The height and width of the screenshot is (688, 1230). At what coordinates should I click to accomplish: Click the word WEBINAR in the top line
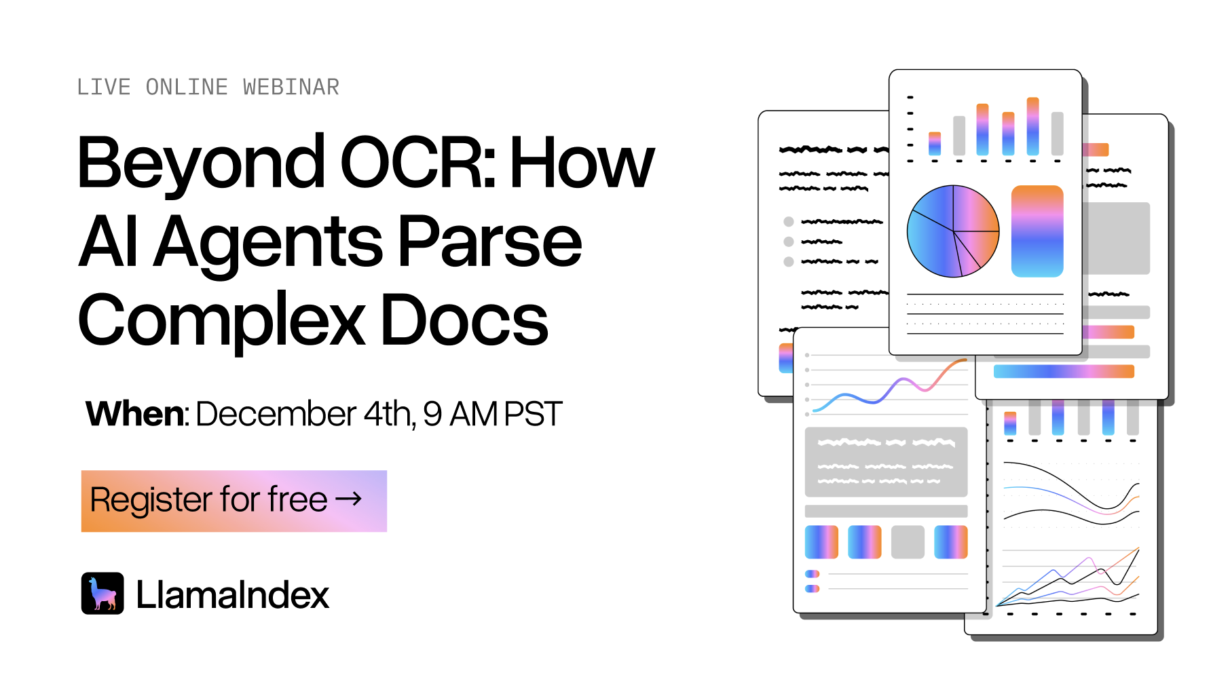point(291,88)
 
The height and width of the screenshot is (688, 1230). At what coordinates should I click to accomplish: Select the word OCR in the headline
point(419,162)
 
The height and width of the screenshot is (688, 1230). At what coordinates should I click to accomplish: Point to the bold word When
point(135,413)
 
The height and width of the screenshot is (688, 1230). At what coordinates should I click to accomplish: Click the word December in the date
point(276,413)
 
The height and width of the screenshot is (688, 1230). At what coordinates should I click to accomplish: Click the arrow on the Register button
point(349,499)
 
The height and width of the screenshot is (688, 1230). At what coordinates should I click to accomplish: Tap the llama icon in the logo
point(102,593)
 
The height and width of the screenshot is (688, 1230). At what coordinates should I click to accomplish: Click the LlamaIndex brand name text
point(232,595)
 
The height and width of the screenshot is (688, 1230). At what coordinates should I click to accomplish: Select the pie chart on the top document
point(953,231)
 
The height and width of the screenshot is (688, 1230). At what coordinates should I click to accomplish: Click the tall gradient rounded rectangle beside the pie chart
point(1037,231)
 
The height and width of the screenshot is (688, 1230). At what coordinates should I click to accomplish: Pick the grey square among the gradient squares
point(908,542)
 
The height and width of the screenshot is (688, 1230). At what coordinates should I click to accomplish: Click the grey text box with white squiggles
point(886,462)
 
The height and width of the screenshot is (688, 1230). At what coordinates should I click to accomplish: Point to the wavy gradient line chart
point(890,385)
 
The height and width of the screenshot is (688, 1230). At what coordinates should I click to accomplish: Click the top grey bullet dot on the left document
point(789,221)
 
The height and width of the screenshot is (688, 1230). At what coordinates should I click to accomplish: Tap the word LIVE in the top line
point(104,88)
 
